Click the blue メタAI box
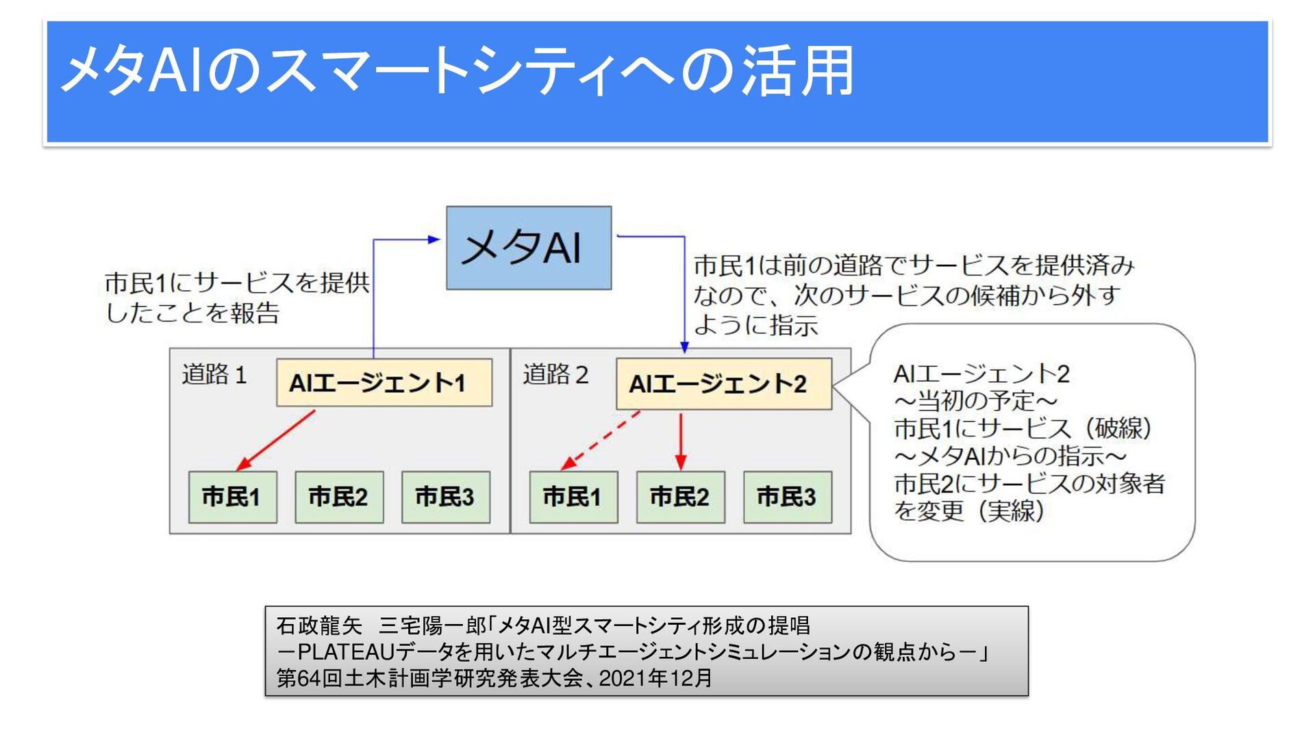528,248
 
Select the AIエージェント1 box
384,383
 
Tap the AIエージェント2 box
723,384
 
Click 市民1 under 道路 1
232,497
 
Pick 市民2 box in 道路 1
339,497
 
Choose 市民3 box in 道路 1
445,497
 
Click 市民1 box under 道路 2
573,497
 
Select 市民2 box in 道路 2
680,497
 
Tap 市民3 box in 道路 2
787,497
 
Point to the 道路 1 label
214,375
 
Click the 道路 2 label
555,375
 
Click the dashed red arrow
601,441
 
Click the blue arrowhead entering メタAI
434,239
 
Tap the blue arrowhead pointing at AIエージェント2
684,348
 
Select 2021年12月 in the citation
655,678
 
